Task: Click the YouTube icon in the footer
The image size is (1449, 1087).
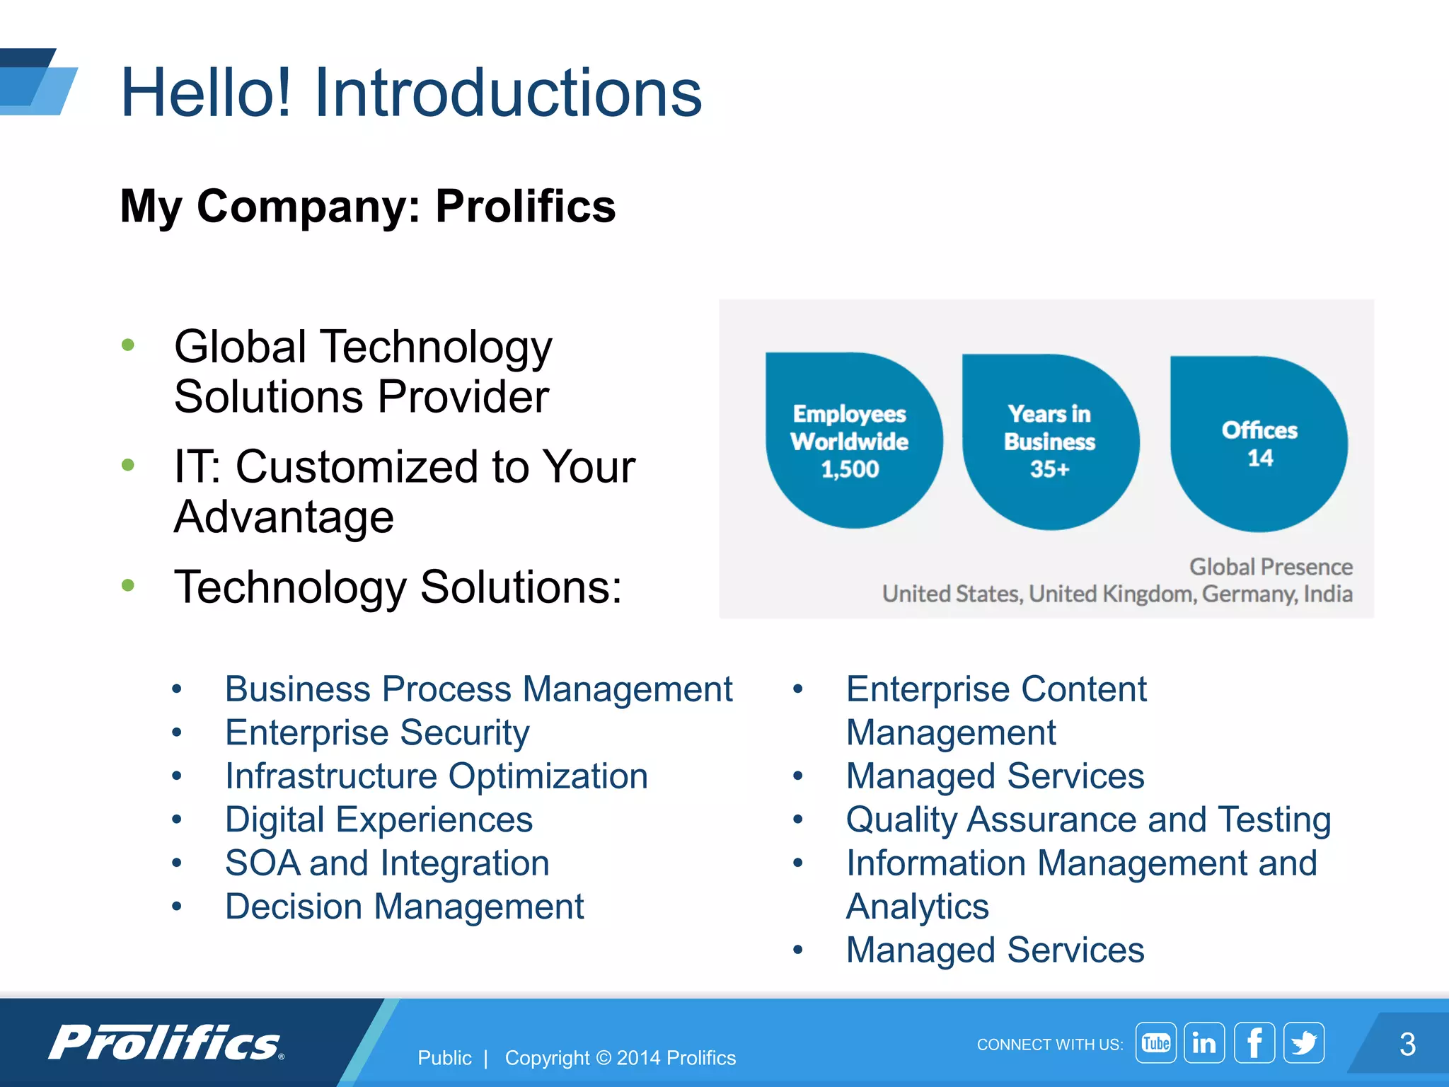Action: [x=1155, y=1042]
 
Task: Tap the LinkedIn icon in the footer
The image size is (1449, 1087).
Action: [x=1204, y=1042]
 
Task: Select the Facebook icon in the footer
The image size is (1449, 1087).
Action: [x=1254, y=1042]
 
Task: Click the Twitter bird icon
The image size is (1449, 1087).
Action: [x=1303, y=1042]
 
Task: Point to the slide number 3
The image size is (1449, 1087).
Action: [x=1407, y=1044]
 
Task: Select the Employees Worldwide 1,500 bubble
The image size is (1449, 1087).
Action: [x=853, y=441]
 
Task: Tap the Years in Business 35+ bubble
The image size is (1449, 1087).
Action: [x=1050, y=442]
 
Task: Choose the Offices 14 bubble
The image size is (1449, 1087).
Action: [x=1259, y=444]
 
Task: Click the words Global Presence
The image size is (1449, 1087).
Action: [x=1271, y=567]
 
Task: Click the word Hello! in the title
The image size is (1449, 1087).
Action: [x=206, y=93]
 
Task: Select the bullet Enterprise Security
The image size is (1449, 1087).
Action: [x=377, y=732]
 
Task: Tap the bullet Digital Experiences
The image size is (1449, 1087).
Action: [x=379, y=819]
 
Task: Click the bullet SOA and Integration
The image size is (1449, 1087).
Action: [x=387, y=863]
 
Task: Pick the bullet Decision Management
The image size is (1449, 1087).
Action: [x=404, y=907]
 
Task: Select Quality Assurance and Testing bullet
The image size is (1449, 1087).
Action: [x=1088, y=819]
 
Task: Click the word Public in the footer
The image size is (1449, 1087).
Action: [x=444, y=1058]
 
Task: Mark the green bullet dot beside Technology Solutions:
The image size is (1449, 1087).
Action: [x=128, y=585]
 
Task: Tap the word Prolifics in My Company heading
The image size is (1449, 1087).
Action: [x=525, y=206]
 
